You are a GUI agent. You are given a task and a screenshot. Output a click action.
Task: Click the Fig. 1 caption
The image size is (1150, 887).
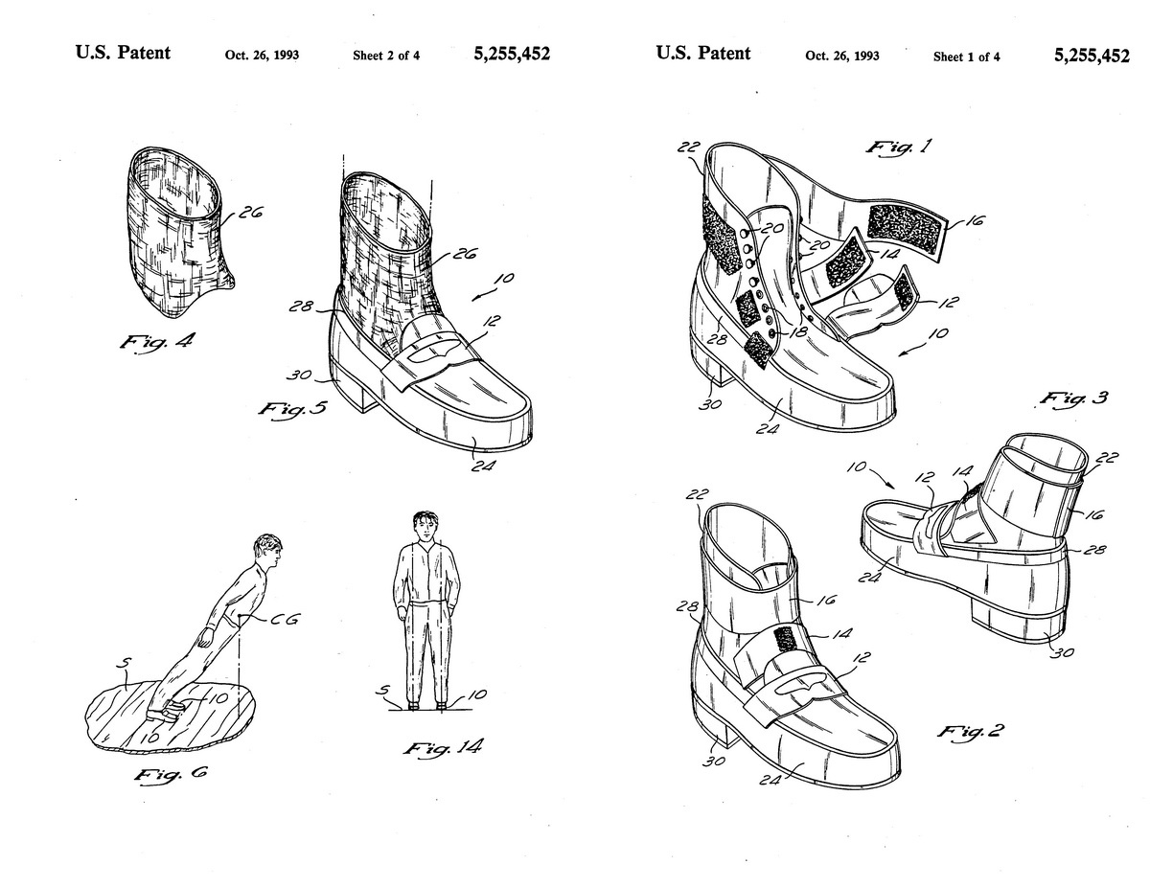pyautogui.click(x=902, y=148)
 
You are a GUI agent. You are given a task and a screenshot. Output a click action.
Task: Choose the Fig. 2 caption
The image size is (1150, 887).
pyautogui.click(x=969, y=734)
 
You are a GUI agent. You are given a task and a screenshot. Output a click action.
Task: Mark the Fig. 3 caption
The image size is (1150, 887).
pyautogui.click(x=1072, y=398)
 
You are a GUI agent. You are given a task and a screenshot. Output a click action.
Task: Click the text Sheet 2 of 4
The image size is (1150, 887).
pyautogui.click(x=386, y=56)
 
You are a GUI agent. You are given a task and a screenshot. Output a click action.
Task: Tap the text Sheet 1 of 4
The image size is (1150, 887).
pyautogui.click(x=966, y=57)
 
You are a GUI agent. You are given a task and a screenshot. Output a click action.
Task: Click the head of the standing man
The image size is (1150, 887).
pyautogui.click(x=423, y=526)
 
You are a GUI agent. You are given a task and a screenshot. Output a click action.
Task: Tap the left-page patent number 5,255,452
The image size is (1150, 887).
pyautogui.click(x=512, y=55)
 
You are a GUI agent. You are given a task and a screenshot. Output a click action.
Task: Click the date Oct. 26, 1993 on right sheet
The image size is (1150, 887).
pyautogui.click(x=842, y=57)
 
